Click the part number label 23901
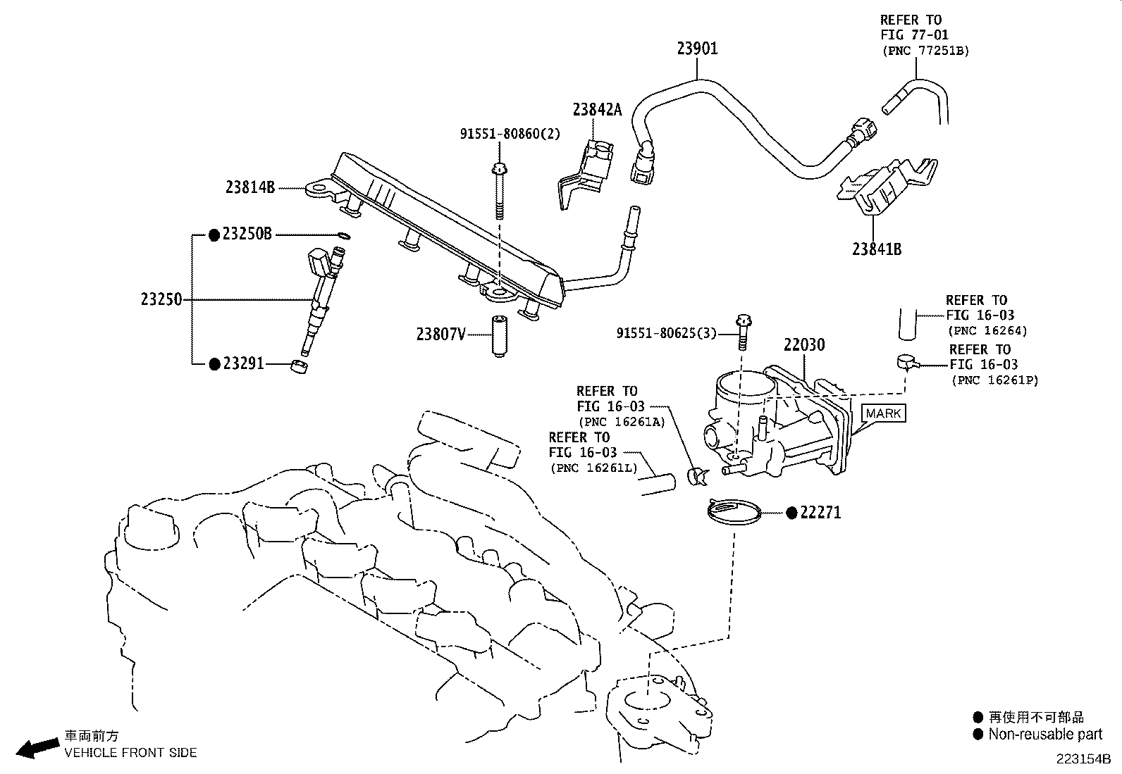click(697, 49)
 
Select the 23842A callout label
click(597, 109)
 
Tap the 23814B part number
click(250, 187)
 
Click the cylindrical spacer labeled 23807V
click(499, 337)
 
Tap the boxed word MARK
click(883, 413)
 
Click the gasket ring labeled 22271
click(734, 512)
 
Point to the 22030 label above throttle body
click(804, 345)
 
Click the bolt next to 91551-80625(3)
click(742, 332)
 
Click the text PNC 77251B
click(925, 51)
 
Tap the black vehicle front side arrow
click(37, 748)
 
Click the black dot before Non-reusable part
click(978, 735)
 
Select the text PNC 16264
click(987, 330)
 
